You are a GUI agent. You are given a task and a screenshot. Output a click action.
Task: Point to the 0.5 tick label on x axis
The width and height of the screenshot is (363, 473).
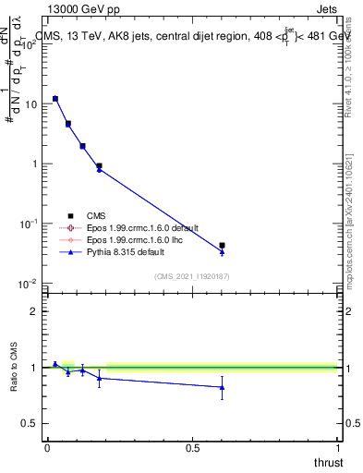pyautogui.click(x=192, y=447)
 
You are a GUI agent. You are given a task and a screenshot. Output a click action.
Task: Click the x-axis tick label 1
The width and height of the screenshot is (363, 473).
pyautogui.click(x=337, y=447)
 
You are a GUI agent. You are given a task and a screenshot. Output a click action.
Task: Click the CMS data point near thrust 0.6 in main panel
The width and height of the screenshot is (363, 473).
pyautogui.click(x=222, y=246)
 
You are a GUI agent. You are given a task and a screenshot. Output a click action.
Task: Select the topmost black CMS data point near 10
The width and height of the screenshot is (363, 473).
pyautogui.click(x=55, y=98)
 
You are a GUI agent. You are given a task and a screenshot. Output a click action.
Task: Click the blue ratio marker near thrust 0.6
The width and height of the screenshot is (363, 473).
pyautogui.click(x=222, y=387)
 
